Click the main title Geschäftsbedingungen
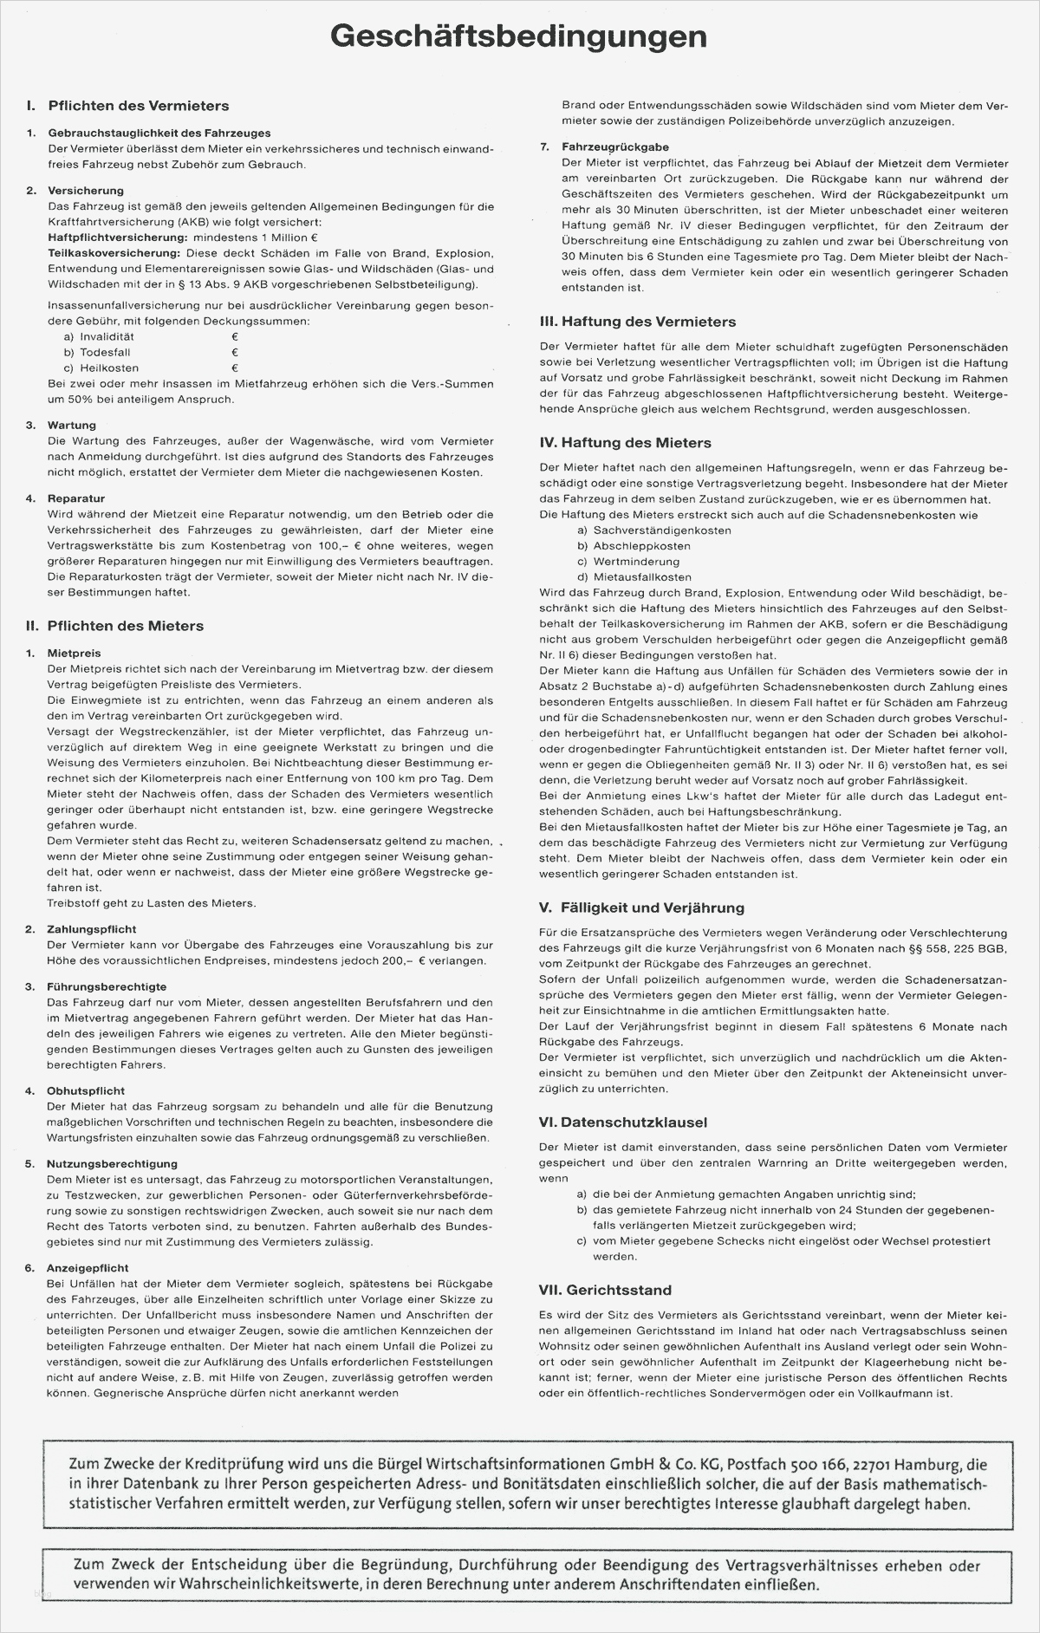coord(519,38)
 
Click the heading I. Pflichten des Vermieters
coord(128,106)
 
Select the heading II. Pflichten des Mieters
coord(114,625)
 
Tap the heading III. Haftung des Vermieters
coord(637,322)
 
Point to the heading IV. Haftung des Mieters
coord(625,443)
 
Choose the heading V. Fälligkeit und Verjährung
coord(641,908)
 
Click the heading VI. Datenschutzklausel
coord(622,1122)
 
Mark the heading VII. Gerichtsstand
coord(605,1290)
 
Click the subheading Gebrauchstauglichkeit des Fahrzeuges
coord(159,133)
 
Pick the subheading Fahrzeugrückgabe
coord(614,147)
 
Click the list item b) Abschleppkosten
coord(634,546)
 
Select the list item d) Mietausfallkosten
coord(634,577)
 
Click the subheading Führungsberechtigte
coord(107,986)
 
